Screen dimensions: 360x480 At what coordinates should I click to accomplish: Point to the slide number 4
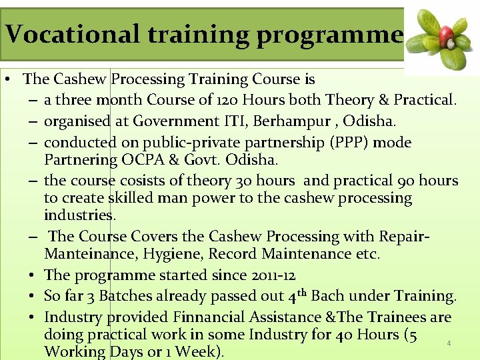click(x=449, y=344)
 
